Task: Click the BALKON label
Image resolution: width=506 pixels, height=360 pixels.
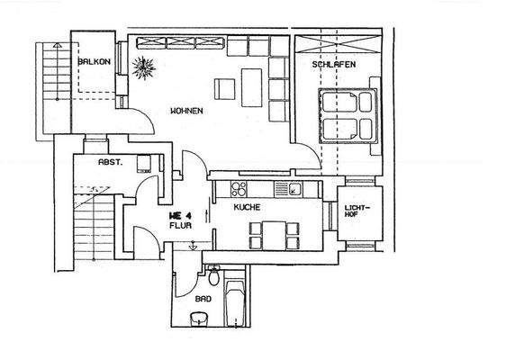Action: [x=93, y=61]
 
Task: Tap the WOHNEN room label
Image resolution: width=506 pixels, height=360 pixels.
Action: [x=186, y=111]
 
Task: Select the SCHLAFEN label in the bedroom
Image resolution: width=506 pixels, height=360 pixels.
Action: [x=334, y=66]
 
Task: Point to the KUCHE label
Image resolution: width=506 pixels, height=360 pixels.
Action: [x=247, y=207]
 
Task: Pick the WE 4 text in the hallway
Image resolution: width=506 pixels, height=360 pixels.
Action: [x=181, y=216]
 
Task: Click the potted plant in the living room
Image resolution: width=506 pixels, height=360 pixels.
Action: [x=144, y=66]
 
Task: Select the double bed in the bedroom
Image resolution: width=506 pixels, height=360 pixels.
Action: [x=348, y=113]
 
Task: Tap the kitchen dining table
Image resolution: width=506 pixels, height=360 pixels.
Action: [x=271, y=234]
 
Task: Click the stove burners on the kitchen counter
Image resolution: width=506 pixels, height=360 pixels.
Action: [x=239, y=188]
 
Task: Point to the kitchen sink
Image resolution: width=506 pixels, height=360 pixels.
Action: [x=294, y=188]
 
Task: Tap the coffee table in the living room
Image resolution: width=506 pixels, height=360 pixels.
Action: [x=225, y=88]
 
